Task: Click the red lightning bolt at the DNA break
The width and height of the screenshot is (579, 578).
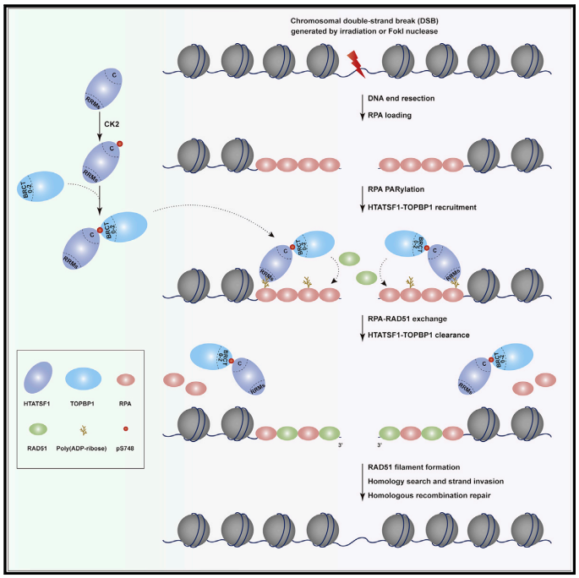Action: click(x=353, y=61)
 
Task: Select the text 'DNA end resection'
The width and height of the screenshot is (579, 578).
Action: click(x=401, y=99)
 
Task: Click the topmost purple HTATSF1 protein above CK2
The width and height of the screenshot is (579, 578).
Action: click(x=105, y=89)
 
